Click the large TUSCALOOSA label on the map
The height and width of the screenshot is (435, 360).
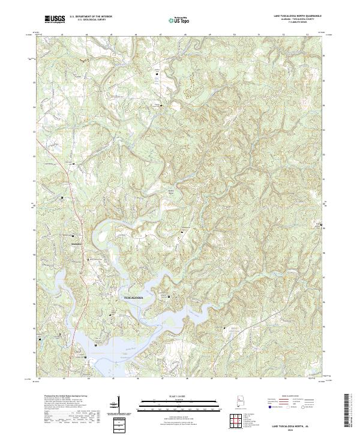[137, 297]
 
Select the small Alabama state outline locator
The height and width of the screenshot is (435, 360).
[239, 402]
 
